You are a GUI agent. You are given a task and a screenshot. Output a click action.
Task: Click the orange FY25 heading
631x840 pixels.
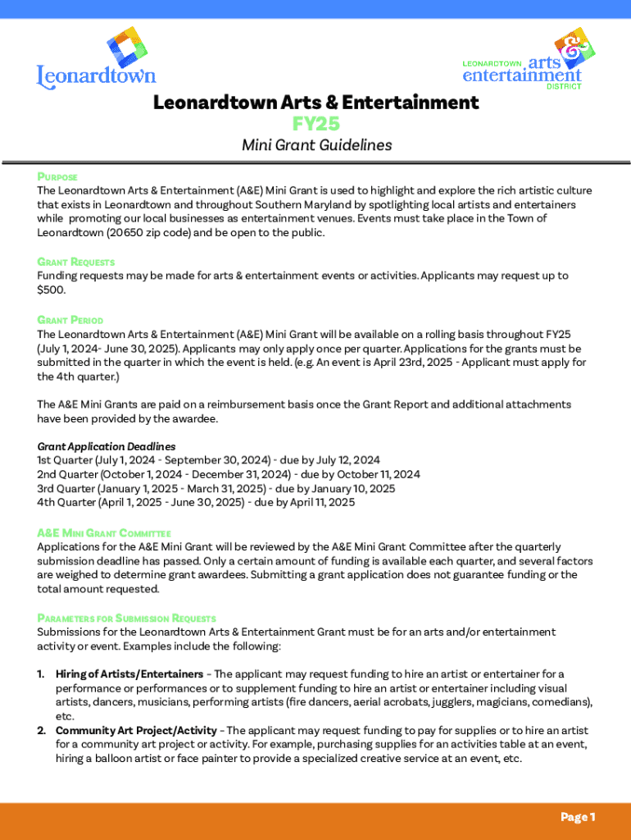point(315,123)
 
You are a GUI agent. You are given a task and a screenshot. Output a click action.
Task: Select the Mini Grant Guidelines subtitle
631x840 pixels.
point(316,145)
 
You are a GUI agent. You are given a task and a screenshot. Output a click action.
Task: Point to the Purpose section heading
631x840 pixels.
point(57,176)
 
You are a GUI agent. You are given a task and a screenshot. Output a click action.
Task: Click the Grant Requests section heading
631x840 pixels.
point(75,262)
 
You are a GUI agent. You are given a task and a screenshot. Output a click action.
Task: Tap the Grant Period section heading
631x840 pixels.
point(70,320)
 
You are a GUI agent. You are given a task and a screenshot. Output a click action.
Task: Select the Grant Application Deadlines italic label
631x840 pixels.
point(107,446)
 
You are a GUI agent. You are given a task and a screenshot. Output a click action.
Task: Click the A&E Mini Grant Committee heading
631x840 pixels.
point(103,532)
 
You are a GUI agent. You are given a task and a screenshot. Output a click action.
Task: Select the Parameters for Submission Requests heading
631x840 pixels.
point(126,618)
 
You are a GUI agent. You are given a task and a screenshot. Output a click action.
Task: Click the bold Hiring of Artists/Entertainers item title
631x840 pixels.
point(129,674)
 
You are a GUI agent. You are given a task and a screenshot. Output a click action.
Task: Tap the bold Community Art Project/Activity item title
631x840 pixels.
point(136,730)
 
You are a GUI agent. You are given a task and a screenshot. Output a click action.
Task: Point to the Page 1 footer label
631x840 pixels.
point(578,817)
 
